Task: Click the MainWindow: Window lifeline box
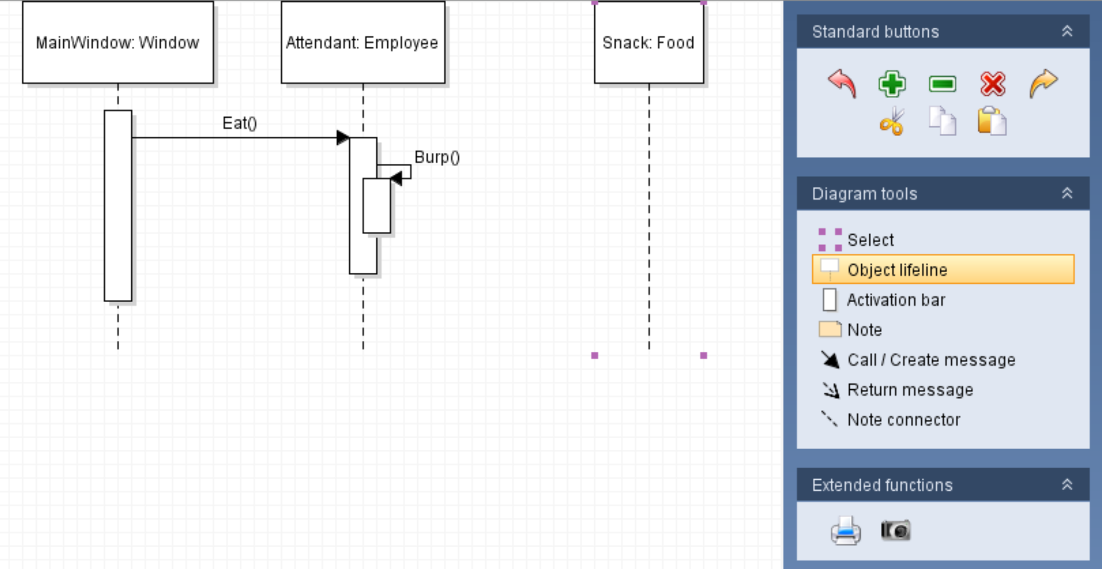pos(118,42)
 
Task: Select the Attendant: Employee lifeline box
pos(363,42)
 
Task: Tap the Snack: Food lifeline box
pos(648,42)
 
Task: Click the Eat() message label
pos(240,123)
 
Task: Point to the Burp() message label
pos(437,157)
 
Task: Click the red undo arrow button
pos(842,84)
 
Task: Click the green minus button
pos(942,84)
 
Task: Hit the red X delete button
pos(993,84)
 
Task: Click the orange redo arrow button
pos(1043,84)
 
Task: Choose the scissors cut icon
pos(892,121)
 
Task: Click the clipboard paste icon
pos(991,121)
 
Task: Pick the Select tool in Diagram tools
pos(870,240)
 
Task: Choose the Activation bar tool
pos(896,300)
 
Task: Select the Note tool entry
pos(864,330)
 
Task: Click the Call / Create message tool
pos(931,360)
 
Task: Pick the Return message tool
pos(910,390)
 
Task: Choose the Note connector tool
pos(903,420)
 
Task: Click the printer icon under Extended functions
pos(845,530)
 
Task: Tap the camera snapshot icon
pos(895,530)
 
